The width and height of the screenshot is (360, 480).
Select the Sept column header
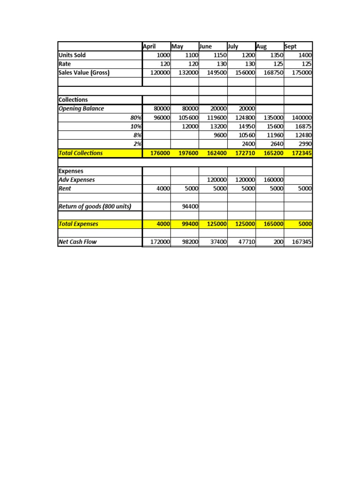point(291,46)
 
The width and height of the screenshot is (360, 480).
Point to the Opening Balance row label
point(81,109)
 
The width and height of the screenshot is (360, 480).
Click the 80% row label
point(136,118)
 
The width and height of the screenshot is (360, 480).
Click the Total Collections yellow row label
point(81,153)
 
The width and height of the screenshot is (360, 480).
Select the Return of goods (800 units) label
point(94,206)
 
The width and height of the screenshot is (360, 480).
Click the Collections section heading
point(73,100)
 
